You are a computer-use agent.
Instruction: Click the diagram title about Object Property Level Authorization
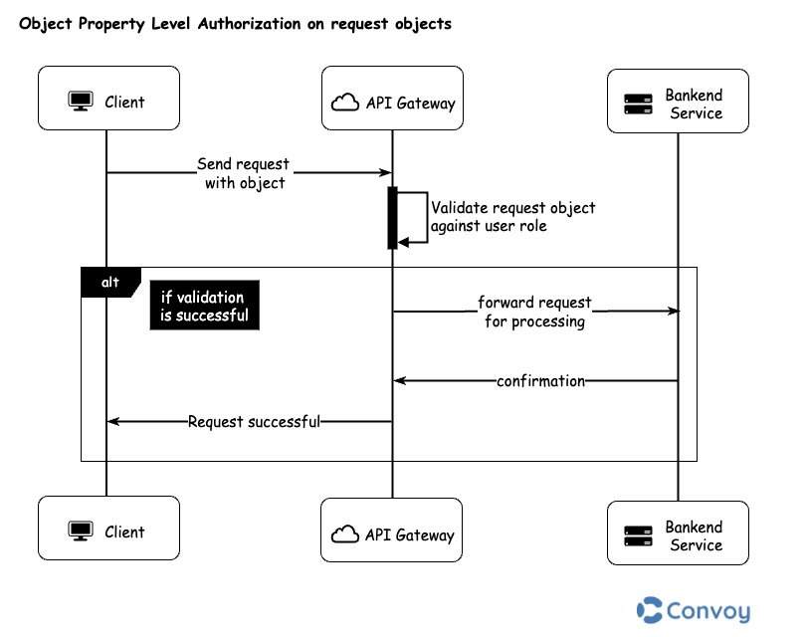236,24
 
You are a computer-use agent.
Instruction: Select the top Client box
108,99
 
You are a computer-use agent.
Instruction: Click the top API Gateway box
392,99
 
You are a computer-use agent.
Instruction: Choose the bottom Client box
108,529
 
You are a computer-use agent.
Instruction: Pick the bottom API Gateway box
392,531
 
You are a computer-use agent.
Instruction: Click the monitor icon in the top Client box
80,101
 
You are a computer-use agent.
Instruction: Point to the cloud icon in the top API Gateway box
346,103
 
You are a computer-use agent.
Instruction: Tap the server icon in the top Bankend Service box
637,104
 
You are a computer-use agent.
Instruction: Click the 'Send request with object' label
244,173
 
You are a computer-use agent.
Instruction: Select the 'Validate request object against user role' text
512,217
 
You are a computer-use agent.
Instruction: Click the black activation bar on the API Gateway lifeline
392,217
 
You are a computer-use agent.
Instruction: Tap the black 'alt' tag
110,283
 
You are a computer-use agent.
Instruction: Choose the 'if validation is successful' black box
203,307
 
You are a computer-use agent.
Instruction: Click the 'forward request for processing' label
534,312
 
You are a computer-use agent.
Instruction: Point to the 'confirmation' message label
540,381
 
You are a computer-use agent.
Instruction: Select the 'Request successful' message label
254,422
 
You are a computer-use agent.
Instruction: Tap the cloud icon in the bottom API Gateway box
344,535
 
